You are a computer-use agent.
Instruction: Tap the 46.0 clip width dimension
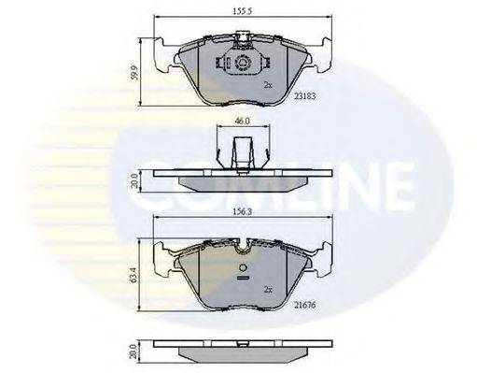coord(240,122)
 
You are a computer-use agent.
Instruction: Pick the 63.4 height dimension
coord(136,278)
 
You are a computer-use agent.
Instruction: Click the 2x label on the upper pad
coord(267,85)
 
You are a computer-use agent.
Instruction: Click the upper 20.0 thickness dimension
coord(136,179)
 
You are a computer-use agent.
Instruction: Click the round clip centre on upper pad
coord(241,64)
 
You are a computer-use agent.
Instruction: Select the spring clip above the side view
coord(240,150)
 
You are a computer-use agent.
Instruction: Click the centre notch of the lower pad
coord(241,250)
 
